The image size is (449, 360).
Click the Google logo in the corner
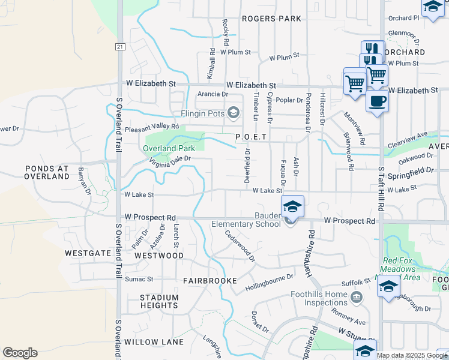point(20,353)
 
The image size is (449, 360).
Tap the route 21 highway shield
point(120,46)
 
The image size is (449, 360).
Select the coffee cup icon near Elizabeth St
point(377,101)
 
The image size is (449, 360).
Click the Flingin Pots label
point(202,113)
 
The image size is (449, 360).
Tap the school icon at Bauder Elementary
point(292,207)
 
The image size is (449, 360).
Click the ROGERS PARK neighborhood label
point(271,19)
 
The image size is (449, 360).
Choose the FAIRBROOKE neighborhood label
point(210,280)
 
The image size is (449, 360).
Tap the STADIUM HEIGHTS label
point(159,301)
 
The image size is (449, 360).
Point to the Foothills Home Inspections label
point(319,298)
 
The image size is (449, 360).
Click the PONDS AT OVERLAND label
point(47,173)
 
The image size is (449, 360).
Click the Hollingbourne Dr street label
point(269,282)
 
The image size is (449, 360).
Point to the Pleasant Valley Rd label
point(152,127)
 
